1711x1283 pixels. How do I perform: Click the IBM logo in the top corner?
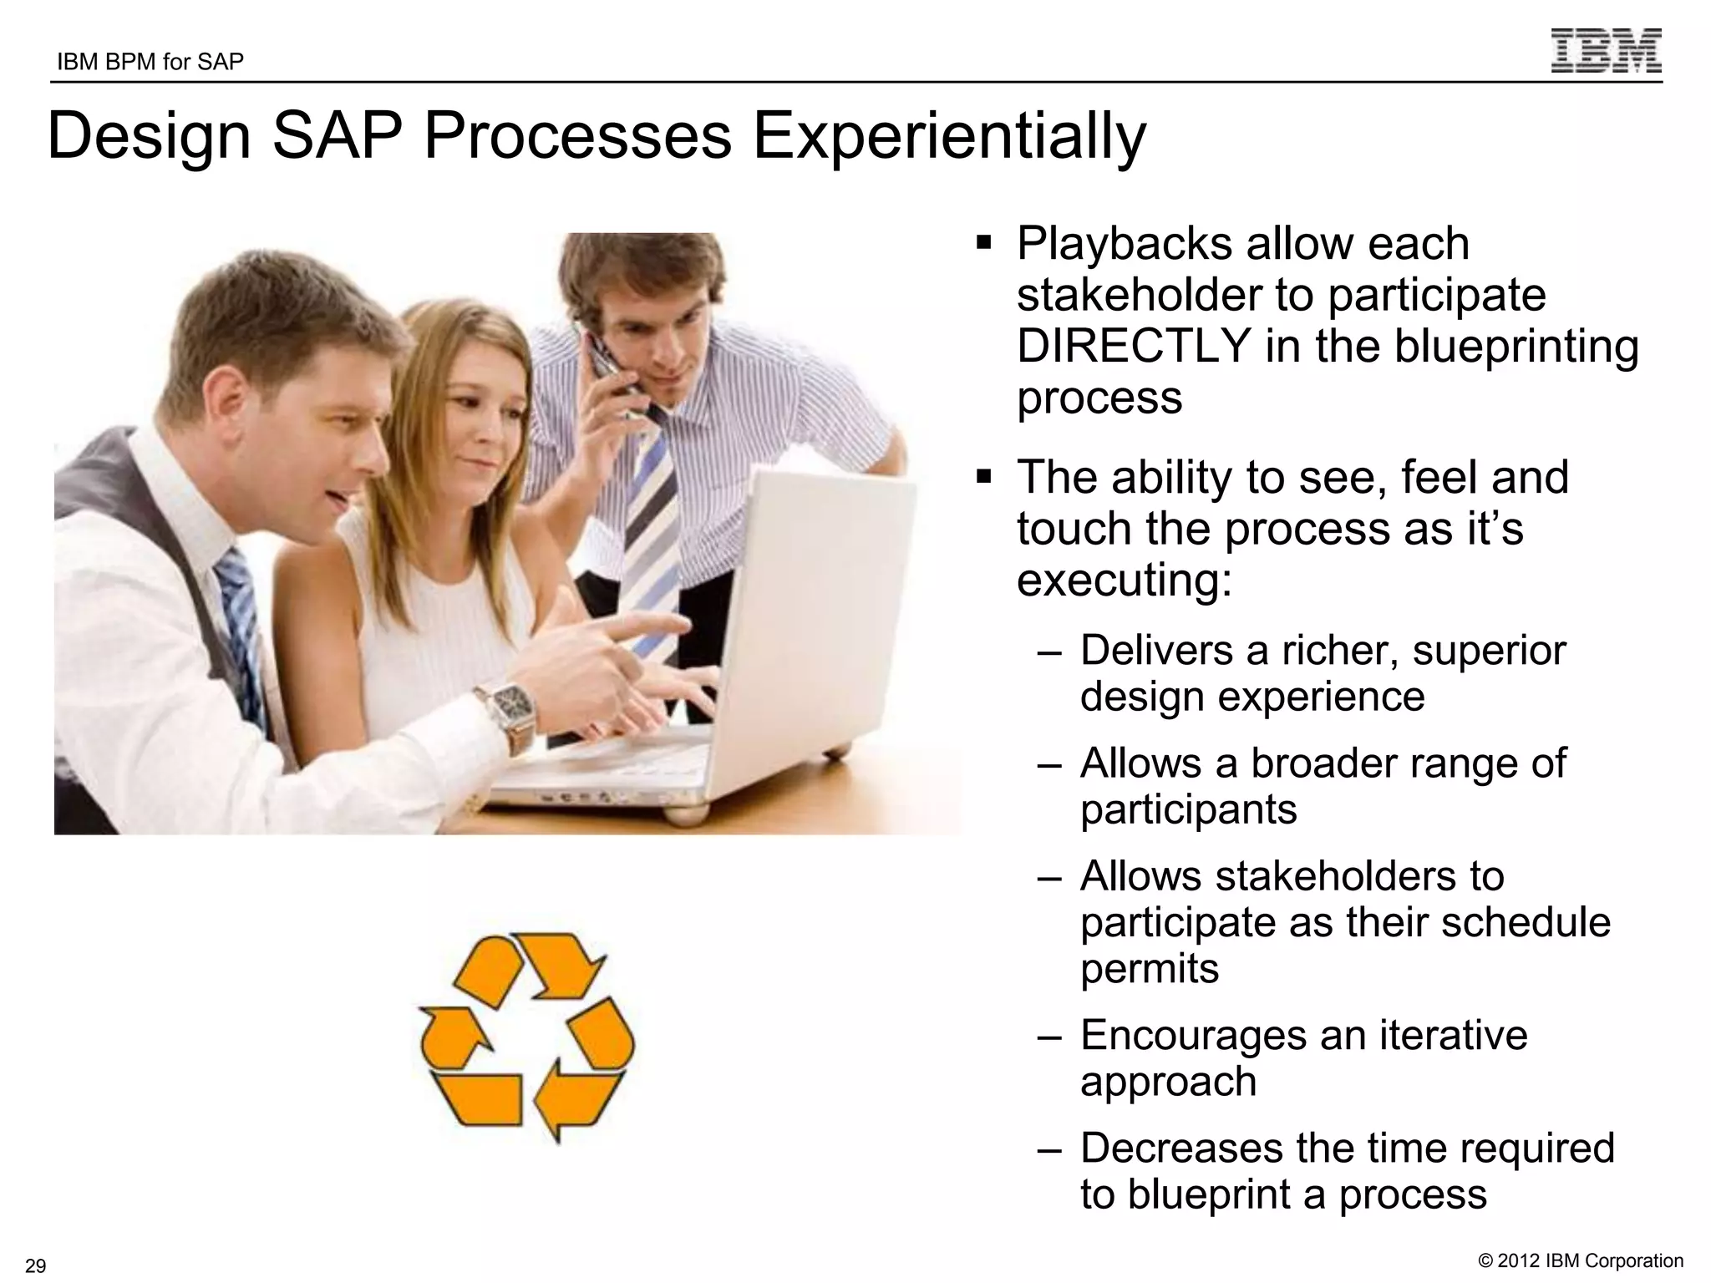click(x=1606, y=51)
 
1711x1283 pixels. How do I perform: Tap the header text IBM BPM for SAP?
click(x=150, y=63)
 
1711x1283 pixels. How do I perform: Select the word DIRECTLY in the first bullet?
click(x=1133, y=347)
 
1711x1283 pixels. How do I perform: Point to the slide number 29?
click(x=36, y=1265)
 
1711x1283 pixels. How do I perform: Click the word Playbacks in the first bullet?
click(x=1123, y=244)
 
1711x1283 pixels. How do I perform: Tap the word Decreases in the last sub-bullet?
click(x=1180, y=1149)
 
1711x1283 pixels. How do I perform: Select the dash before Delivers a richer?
click(x=1049, y=652)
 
